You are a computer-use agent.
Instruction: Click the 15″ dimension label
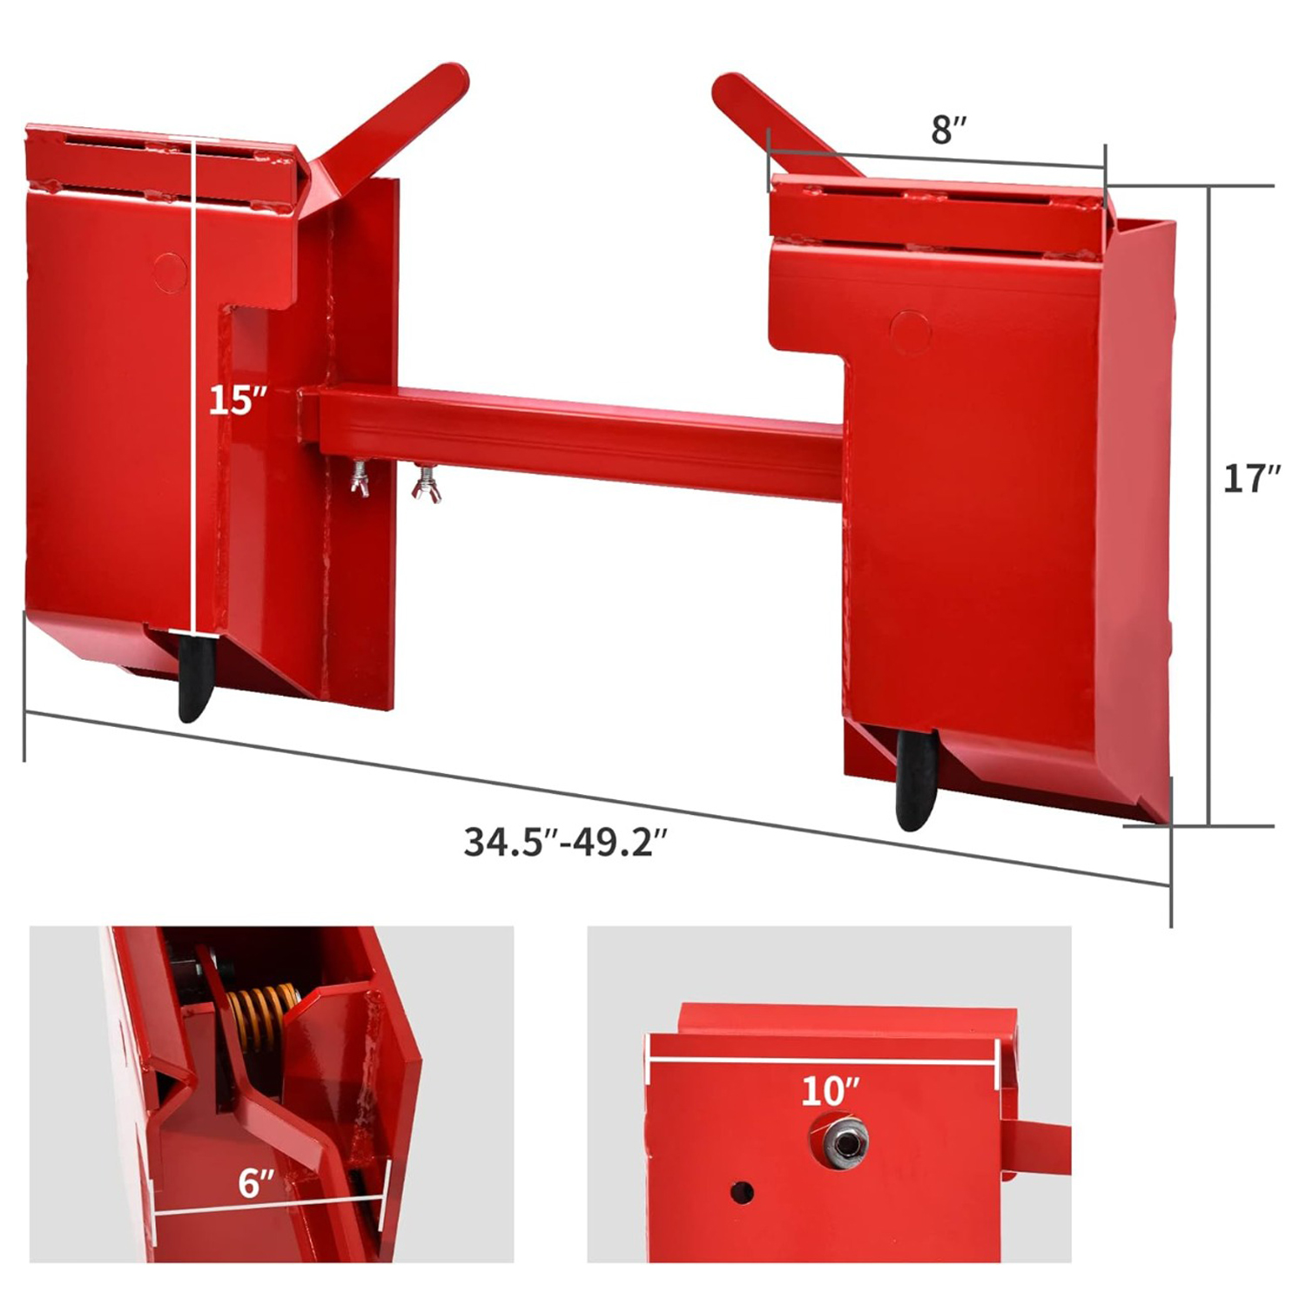pyautogui.click(x=237, y=401)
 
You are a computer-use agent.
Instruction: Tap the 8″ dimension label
pyautogui.click(x=948, y=130)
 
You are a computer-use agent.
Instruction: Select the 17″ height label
pyautogui.click(x=1251, y=479)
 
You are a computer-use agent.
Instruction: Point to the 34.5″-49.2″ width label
pyautogui.click(x=566, y=842)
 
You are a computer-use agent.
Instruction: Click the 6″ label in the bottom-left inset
pyautogui.click(x=256, y=1184)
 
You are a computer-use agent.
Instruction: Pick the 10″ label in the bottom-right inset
pyautogui.click(x=830, y=1091)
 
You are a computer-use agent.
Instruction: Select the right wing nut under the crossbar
pyautogui.click(x=427, y=484)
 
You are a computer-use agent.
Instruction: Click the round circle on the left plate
pyautogui.click(x=170, y=272)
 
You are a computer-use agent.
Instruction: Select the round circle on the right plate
pyautogui.click(x=911, y=332)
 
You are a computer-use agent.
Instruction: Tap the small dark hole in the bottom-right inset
pyautogui.click(x=742, y=1192)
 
